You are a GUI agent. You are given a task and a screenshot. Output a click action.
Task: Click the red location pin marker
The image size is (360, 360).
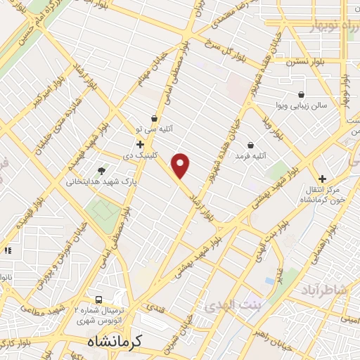pyautogui.click(x=181, y=165)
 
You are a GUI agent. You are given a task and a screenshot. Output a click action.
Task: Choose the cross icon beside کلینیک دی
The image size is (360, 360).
pyautogui.click(x=141, y=143)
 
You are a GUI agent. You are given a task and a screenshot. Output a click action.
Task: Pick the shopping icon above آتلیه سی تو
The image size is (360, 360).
pyautogui.click(x=155, y=118)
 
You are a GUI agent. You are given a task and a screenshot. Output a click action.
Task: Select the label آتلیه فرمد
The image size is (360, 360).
pyautogui.click(x=251, y=154)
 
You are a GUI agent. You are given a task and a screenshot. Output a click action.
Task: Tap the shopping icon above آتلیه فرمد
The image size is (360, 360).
pyautogui.click(x=251, y=144)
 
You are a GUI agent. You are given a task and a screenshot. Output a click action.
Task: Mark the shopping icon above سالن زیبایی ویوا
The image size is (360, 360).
pyautogui.click(x=302, y=95)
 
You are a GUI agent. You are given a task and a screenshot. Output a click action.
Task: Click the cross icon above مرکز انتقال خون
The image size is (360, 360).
pyautogui.click(x=323, y=179)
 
